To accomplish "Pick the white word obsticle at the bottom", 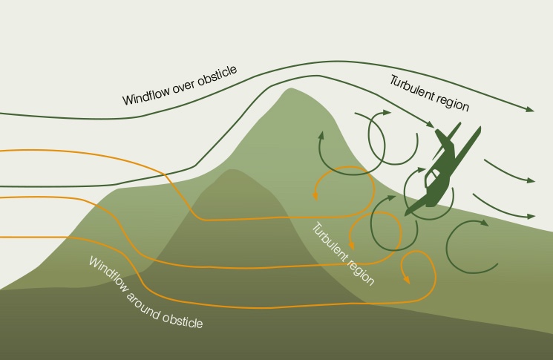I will (x=183, y=320).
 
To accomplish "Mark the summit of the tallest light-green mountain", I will (x=289, y=90).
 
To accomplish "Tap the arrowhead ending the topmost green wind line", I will (x=530, y=110).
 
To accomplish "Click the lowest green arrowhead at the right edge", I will (x=530, y=216).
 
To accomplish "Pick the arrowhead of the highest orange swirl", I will (x=315, y=196).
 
